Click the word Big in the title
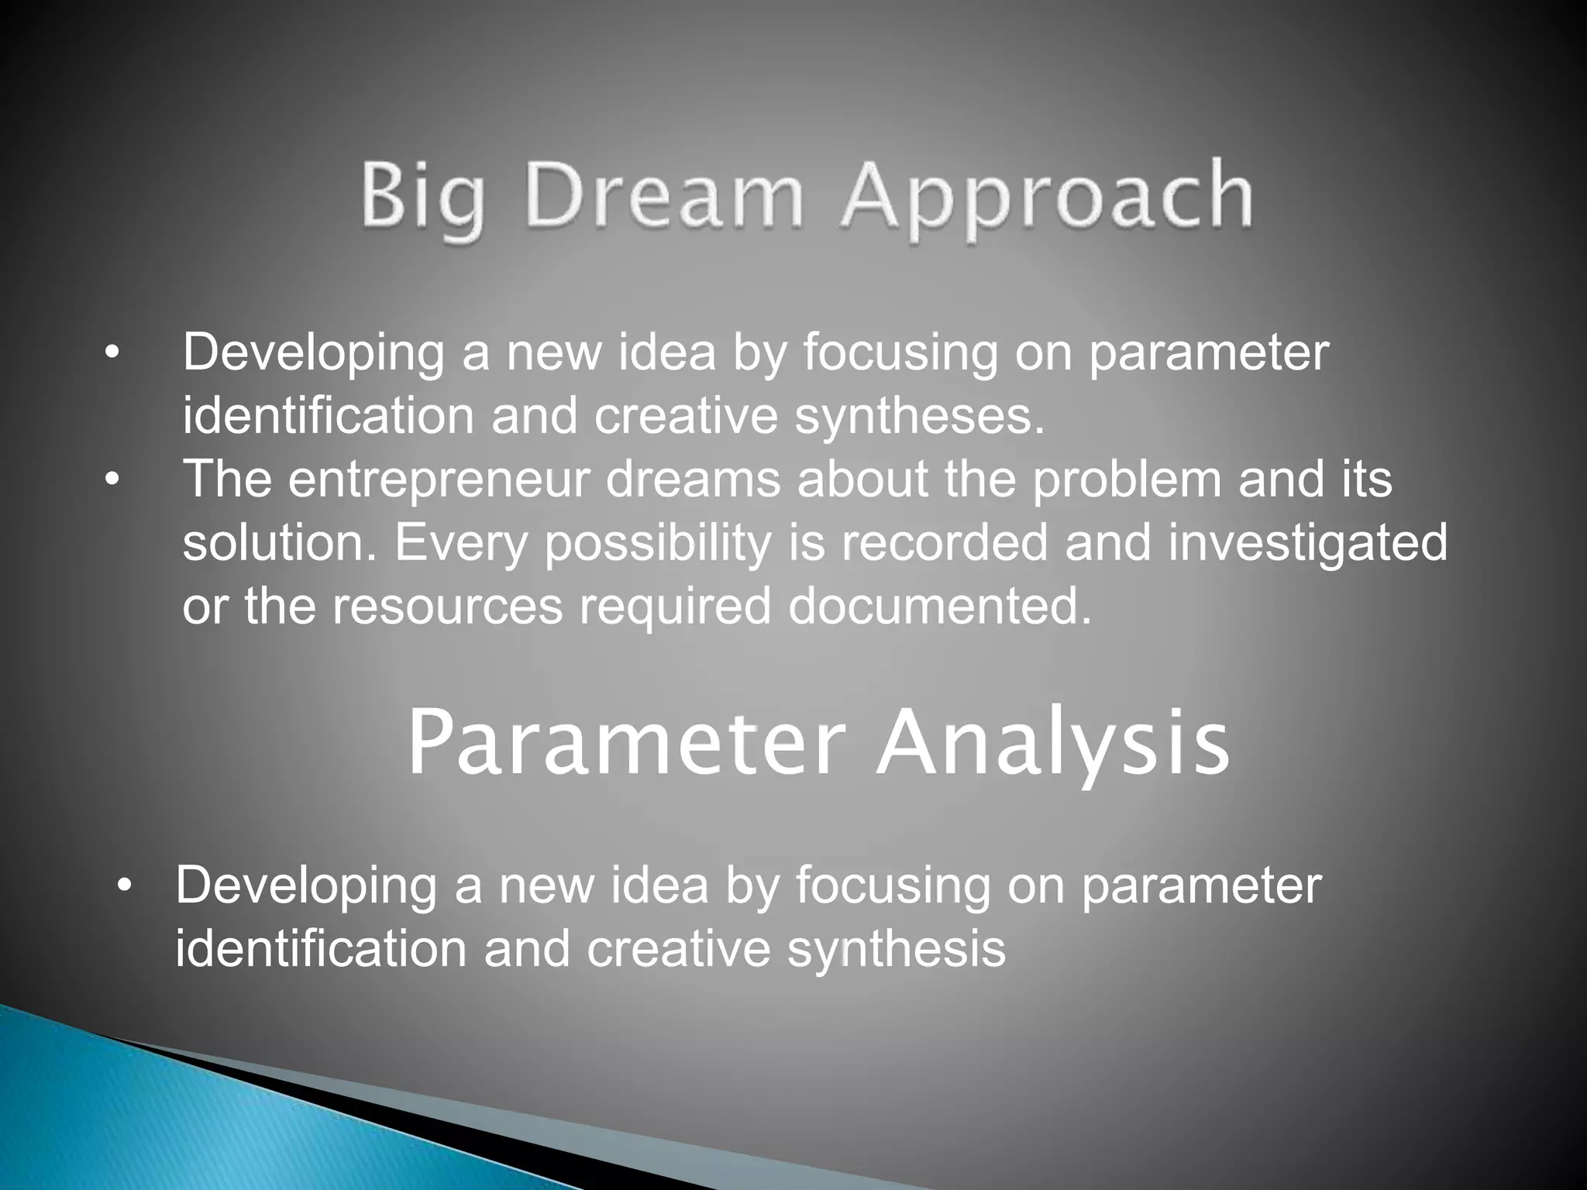[423, 198]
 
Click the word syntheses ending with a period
[920, 417]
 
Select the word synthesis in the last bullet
[897, 949]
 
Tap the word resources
[447, 606]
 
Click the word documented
[939, 606]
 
